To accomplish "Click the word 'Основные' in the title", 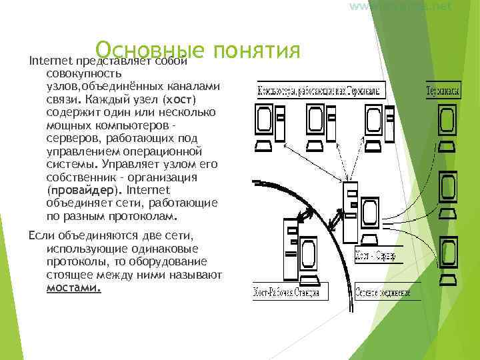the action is pyautogui.click(x=149, y=49).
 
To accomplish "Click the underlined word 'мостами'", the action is pyautogui.click(x=73, y=289).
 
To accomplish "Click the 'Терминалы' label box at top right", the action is pyautogui.click(x=443, y=91).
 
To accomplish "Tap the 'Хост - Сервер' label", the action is pyautogui.click(x=376, y=256).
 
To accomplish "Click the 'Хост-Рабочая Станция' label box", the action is pyautogui.click(x=285, y=293).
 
